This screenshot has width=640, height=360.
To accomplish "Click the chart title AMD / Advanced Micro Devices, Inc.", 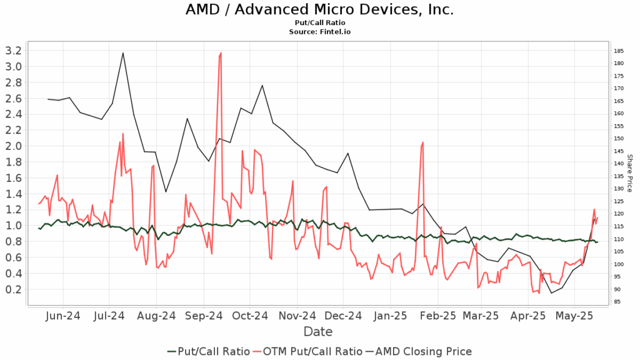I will (x=319, y=10).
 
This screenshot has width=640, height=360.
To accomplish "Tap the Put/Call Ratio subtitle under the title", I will (x=319, y=22).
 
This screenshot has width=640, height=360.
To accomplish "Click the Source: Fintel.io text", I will (x=319, y=31).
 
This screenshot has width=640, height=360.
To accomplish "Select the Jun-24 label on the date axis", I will (x=64, y=316).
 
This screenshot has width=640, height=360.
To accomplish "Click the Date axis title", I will (x=317, y=331).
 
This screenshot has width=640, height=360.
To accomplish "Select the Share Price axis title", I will (x=630, y=173).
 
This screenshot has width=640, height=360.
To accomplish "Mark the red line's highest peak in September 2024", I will (x=221, y=54).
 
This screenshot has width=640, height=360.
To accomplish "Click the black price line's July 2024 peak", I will (x=123, y=52).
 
